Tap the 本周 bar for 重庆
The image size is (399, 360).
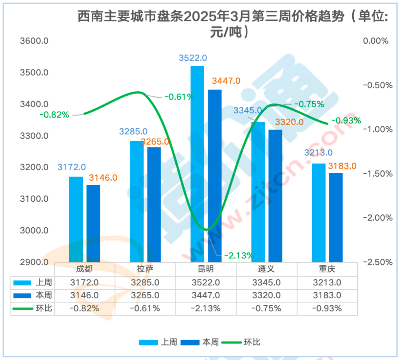click(x=336, y=218)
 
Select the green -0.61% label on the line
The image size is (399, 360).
click(x=180, y=97)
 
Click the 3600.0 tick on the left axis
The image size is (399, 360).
click(x=34, y=41)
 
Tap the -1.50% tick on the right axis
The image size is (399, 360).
click(x=377, y=173)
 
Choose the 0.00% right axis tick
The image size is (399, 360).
click(x=376, y=41)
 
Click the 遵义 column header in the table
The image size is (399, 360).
click(x=266, y=268)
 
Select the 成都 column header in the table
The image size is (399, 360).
click(x=85, y=268)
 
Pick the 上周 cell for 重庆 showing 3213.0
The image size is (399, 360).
click(x=327, y=283)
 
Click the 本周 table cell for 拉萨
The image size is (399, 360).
click(x=145, y=296)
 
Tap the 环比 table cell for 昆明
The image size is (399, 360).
click(x=206, y=308)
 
